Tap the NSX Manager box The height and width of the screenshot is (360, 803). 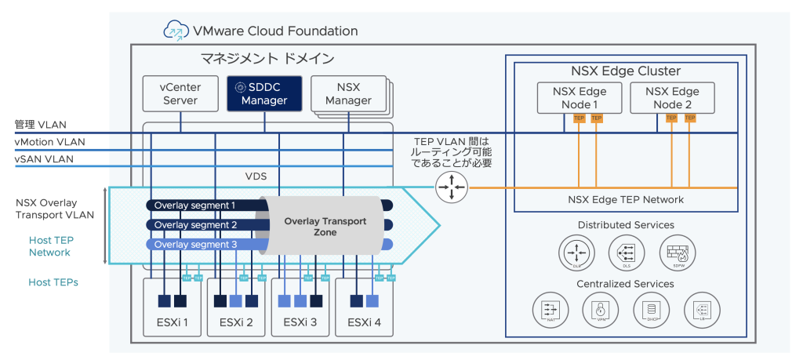click(347, 94)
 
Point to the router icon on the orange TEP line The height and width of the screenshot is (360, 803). click(450, 187)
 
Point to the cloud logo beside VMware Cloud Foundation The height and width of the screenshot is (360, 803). click(176, 31)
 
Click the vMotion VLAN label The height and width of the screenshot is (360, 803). click(49, 142)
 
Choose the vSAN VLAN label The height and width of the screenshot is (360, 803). click(44, 159)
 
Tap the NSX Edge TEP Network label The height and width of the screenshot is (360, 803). click(626, 199)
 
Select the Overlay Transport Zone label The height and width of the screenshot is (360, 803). click(325, 227)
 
